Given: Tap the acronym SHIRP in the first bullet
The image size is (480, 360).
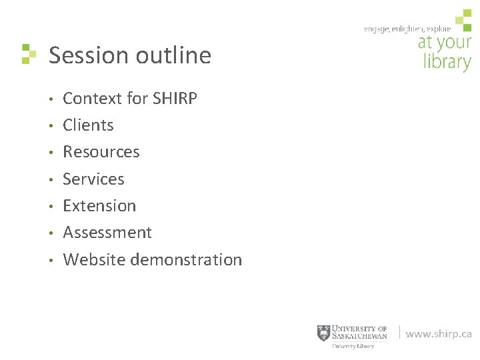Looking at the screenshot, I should [175, 99].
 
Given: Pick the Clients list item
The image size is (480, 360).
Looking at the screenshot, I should [88, 125].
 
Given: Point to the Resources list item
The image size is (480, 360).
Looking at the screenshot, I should [101, 152].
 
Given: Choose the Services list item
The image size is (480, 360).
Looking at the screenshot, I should [93, 179].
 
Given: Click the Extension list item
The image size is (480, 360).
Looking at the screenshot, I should [99, 206].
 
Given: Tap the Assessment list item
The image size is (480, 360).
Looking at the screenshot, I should [107, 233].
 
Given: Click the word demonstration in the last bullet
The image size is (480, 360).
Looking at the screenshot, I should [186, 259].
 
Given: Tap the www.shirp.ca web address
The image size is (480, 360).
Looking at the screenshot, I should [439, 334].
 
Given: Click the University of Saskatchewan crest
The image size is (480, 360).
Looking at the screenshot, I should [323, 333].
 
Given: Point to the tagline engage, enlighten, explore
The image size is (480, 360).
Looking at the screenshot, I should [407, 29].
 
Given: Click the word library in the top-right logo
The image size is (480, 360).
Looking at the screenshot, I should [447, 63].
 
